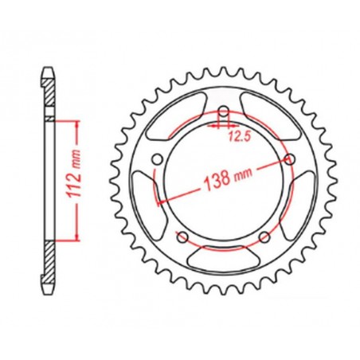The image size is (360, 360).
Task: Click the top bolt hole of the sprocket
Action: click(224, 111)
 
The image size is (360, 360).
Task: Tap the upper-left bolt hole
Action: click(159, 157)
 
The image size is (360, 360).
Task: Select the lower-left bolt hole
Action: click(184, 235)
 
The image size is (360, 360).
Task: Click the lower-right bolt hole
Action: click(264, 235)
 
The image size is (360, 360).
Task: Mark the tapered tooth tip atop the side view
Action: click(49, 72)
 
